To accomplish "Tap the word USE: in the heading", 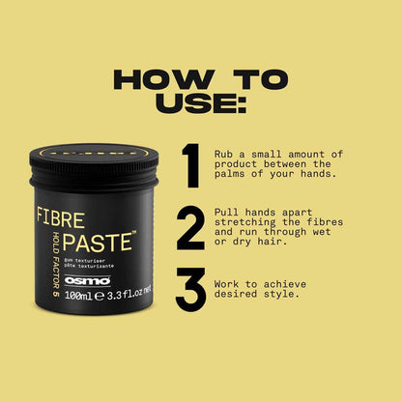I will click(200, 104).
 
